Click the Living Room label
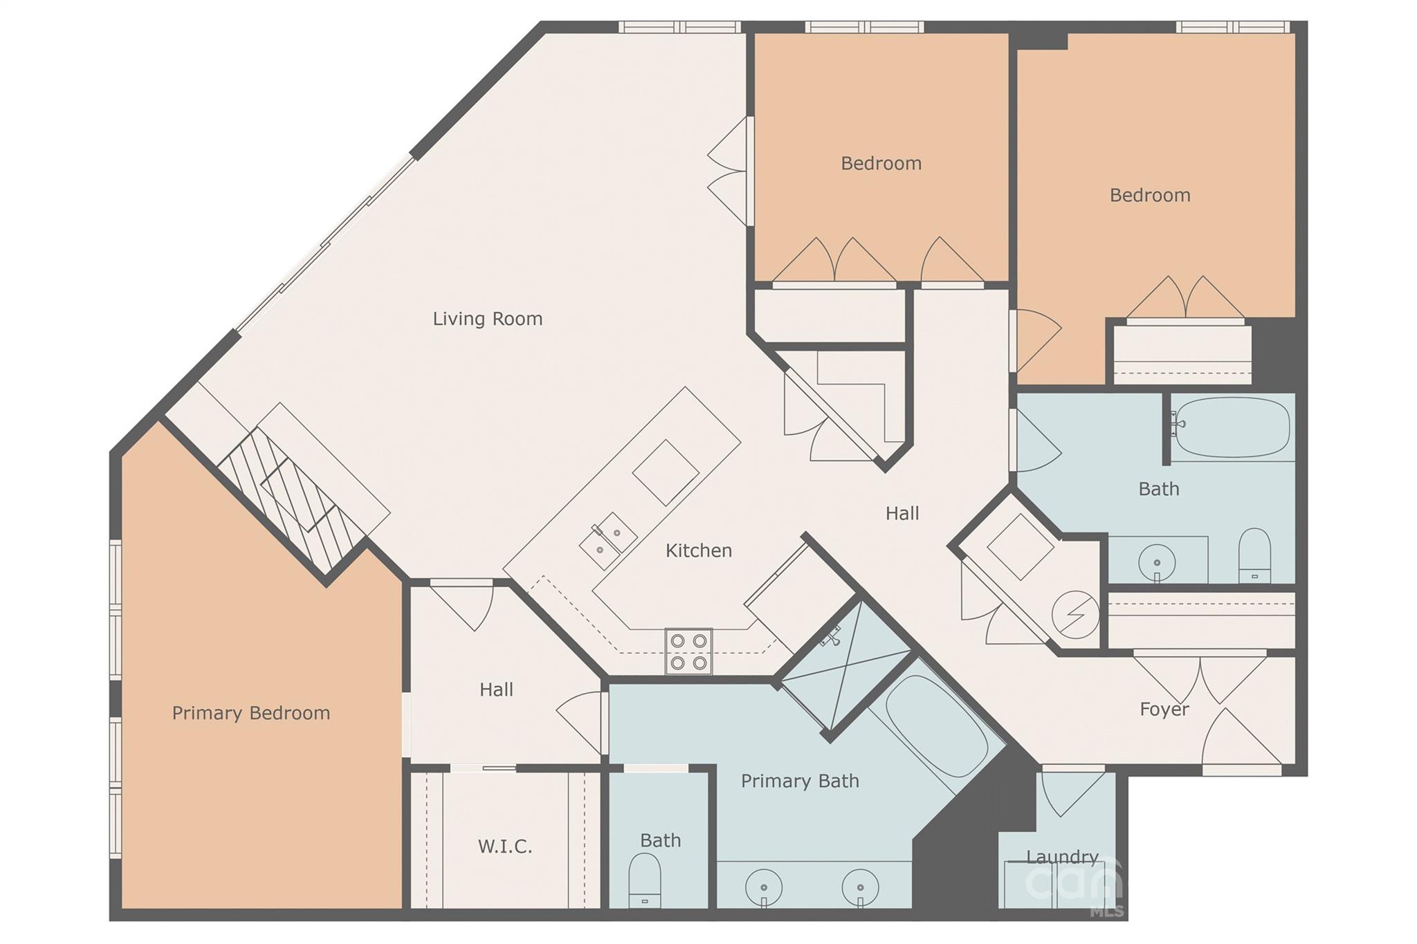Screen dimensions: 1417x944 click(488, 319)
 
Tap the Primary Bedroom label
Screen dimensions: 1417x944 click(251, 713)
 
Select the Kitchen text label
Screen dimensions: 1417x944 click(699, 550)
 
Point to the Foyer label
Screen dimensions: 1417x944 click(1164, 710)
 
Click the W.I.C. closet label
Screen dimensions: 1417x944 click(505, 846)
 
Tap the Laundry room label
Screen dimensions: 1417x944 click(1063, 858)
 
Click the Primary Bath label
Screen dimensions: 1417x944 click(800, 781)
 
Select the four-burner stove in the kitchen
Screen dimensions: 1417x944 click(688, 651)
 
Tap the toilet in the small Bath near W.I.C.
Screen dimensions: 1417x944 click(645, 880)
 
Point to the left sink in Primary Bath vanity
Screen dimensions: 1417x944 click(764, 887)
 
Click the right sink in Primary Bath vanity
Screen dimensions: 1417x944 click(861, 887)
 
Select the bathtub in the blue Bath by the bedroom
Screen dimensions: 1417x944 click(1232, 427)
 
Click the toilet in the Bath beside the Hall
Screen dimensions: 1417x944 click(1254, 555)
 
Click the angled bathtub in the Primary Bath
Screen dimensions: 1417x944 click(937, 726)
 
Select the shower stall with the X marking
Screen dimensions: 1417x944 click(845, 666)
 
